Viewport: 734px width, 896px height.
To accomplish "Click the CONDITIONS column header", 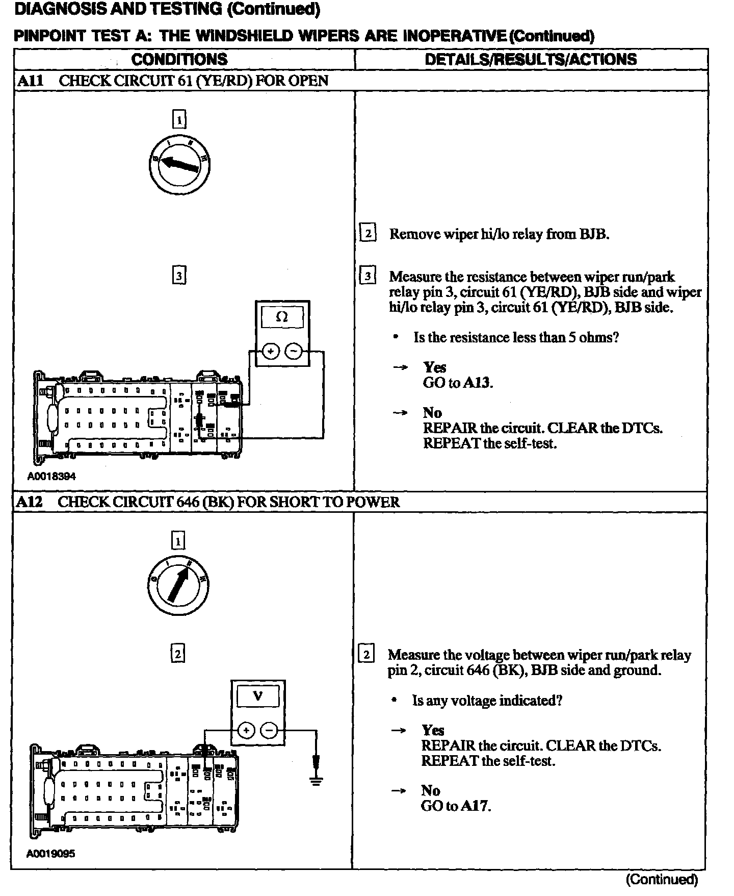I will click(x=179, y=59).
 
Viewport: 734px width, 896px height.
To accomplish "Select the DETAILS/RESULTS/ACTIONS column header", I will click(x=531, y=59).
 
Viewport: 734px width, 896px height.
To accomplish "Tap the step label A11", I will click(x=30, y=81).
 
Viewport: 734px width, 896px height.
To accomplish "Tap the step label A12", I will click(x=29, y=502).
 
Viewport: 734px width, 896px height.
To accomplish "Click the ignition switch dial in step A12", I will click(x=178, y=584).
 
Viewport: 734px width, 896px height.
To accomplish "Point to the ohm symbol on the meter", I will click(x=282, y=317).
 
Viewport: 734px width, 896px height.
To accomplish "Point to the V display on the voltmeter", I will click(x=258, y=696).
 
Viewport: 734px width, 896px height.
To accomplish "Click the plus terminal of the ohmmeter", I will click(x=271, y=351).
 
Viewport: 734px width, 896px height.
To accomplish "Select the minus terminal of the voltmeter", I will click(x=269, y=731).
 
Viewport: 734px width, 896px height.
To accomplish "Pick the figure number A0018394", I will click(x=51, y=476).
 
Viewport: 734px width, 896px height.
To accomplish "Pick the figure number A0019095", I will click(x=51, y=853).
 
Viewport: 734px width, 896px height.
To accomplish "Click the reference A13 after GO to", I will click(x=478, y=383).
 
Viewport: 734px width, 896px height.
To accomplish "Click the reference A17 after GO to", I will click(x=476, y=806).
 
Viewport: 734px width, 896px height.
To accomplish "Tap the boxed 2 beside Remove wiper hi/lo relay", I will click(x=368, y=233).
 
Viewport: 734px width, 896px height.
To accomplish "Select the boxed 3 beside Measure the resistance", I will click(x=368, y=276).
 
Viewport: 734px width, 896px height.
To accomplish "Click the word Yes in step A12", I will click(x=433, y=731).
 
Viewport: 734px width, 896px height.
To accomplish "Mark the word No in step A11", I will click(x=432, y=412).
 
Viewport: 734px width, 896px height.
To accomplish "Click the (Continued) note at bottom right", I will click(x=661, y=879).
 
